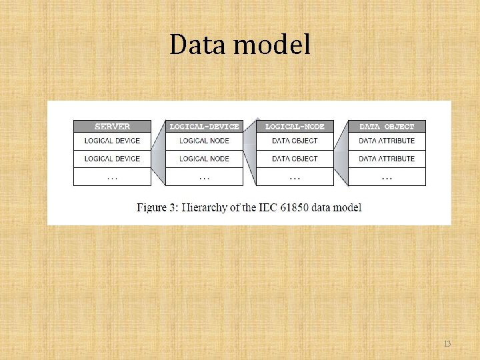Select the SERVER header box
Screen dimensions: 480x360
point(112,126)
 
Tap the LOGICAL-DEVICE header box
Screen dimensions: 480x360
point(204,126)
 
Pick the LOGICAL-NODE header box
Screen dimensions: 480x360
point(295,126)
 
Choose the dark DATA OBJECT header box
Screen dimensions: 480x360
point(387,126)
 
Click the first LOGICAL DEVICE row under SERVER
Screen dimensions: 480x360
point(112,141)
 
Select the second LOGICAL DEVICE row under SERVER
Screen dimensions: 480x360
point(112,159)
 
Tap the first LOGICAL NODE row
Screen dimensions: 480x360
point(204,141)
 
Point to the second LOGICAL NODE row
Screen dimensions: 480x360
point(204,159)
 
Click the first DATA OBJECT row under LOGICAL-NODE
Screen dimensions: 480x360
point(295,141)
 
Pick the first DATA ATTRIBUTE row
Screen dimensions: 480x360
point(387,141)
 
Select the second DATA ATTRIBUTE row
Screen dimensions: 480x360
point(387,159)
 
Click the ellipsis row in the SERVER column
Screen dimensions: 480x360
point(112,177)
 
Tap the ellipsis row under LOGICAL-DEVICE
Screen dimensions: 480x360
point(204,177)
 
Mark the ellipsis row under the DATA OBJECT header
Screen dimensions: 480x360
point(387,177)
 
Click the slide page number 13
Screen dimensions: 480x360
point(447,344)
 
